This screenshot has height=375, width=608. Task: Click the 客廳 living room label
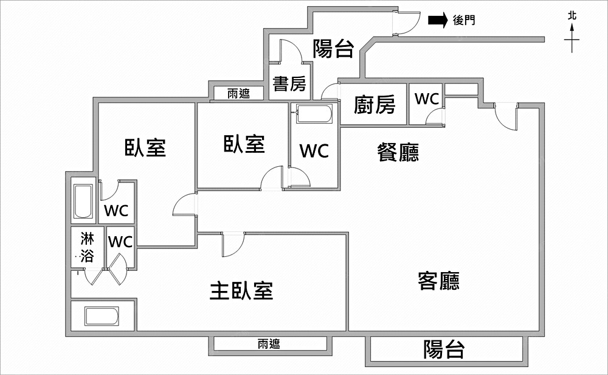point(438,281)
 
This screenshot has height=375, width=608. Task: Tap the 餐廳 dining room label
point(398,152)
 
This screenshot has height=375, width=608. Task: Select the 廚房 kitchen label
point(375,105)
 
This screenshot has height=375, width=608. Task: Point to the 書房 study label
point(289,83)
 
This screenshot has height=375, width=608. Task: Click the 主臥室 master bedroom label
point(241,291)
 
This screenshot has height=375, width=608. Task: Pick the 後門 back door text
point(464,21)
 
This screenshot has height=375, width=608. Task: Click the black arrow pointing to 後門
point(438,21)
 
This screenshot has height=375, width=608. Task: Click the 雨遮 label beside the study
point(238,94)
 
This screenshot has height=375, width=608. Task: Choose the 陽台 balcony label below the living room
point(444,349)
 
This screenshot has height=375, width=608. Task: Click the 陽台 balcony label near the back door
point(333,49)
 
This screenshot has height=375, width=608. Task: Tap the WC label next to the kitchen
point(427,99)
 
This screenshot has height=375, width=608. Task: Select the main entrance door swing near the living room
point(505,116)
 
